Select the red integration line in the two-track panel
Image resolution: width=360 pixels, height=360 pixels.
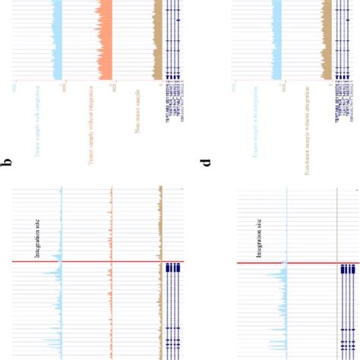285,264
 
